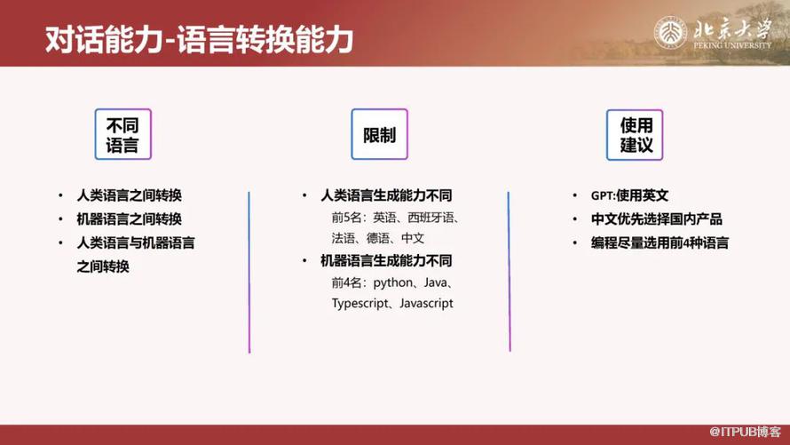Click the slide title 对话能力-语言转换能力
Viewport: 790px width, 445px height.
(200, 40)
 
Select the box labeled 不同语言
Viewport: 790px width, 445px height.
(123, 135)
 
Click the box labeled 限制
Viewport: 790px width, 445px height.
(379, 135)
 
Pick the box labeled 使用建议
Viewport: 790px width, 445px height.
(636, 135)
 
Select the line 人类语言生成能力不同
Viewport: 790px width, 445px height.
(386, 195)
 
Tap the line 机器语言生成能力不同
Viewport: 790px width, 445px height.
(386, 261)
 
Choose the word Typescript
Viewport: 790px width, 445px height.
(360, 303)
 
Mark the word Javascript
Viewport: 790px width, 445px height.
(421, 303)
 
